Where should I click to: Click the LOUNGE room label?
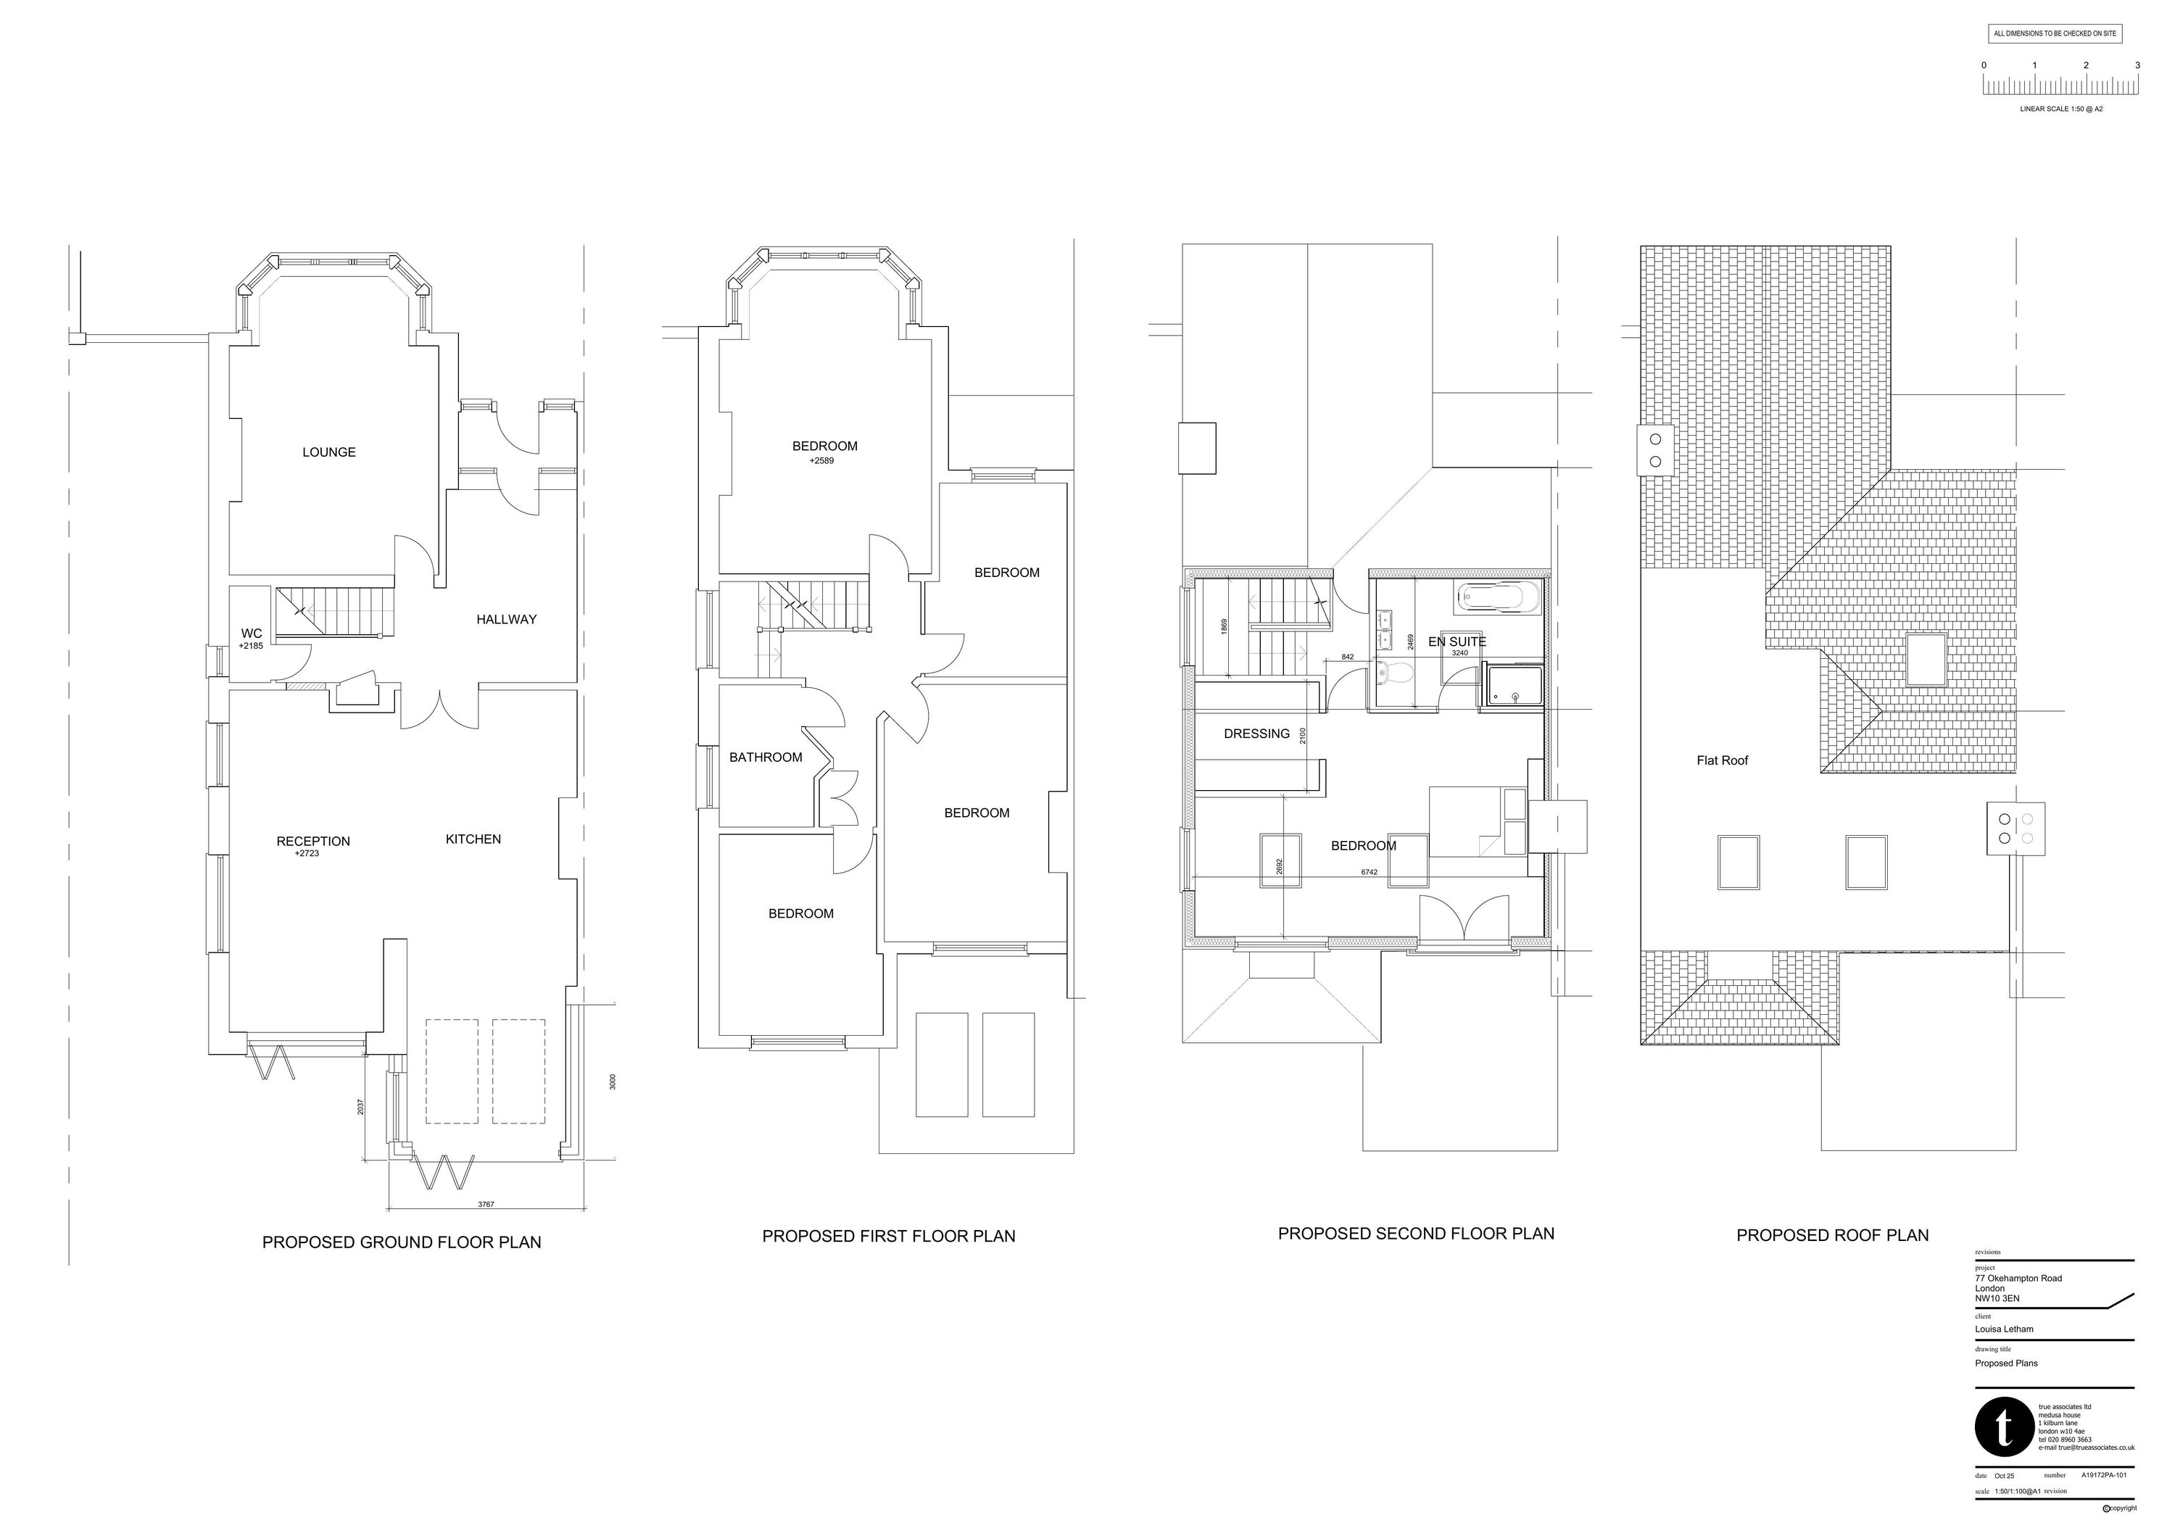[328, 452]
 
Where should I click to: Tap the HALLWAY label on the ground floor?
[506, 619]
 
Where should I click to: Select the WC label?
[251, 634]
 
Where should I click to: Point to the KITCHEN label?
[473, 839]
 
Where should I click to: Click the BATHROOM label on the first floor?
[766, 757]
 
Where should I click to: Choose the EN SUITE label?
[1457, 642]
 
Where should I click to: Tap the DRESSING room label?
[1256, 734]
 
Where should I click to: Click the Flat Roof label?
[1722, 760]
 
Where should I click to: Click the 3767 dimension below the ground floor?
[486, 1205]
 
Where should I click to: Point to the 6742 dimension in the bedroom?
[1369, 872]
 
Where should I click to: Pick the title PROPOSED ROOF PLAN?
[1832, 1236]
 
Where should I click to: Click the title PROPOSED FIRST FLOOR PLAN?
[889, 1237]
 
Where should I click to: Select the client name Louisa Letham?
[2004, 1329]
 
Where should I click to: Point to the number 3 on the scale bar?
[2137, 65]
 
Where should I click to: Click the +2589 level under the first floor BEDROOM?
[821, 461]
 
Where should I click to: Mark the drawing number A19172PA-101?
[2104, 1475]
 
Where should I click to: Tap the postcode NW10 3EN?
[1997, 1298]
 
